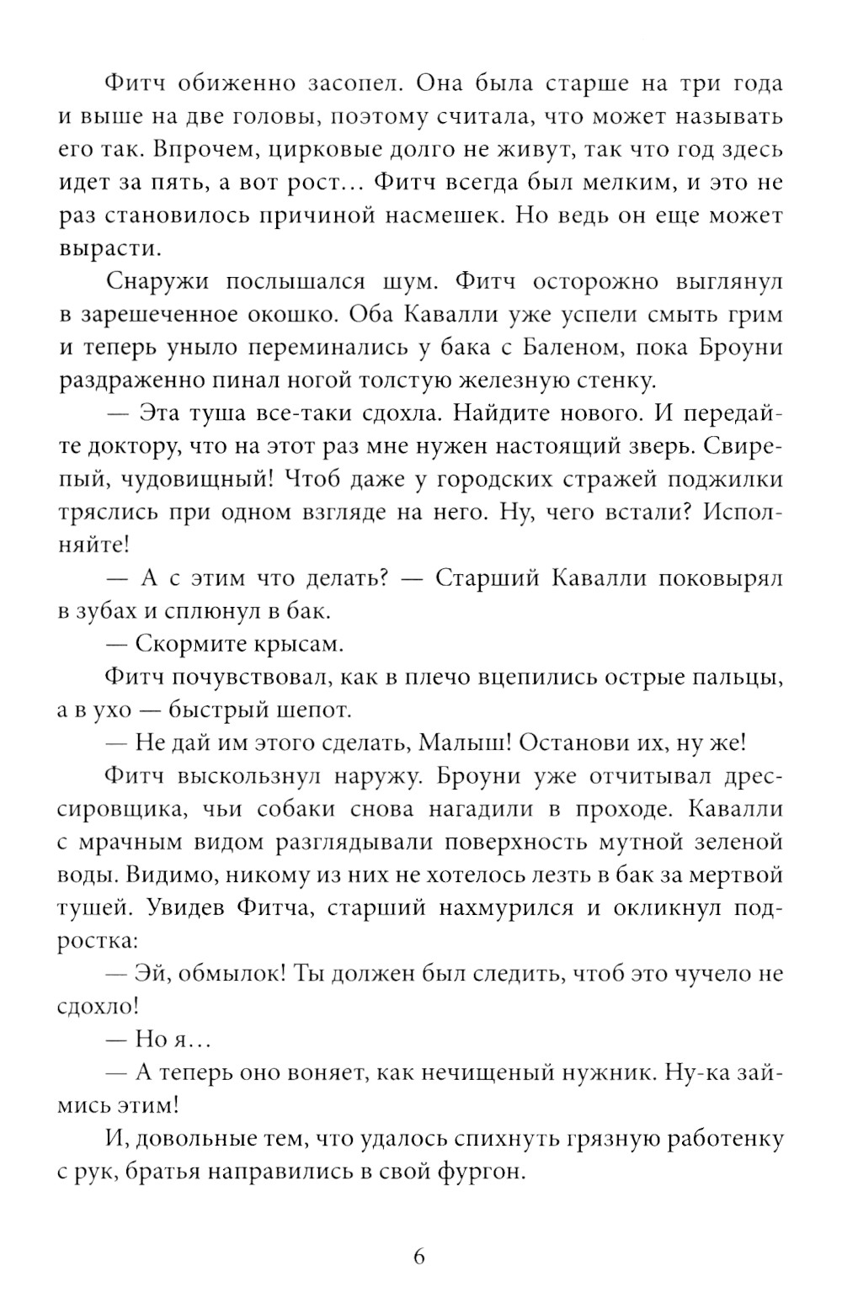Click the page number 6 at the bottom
pyautogui.click(x=419, y=1258)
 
